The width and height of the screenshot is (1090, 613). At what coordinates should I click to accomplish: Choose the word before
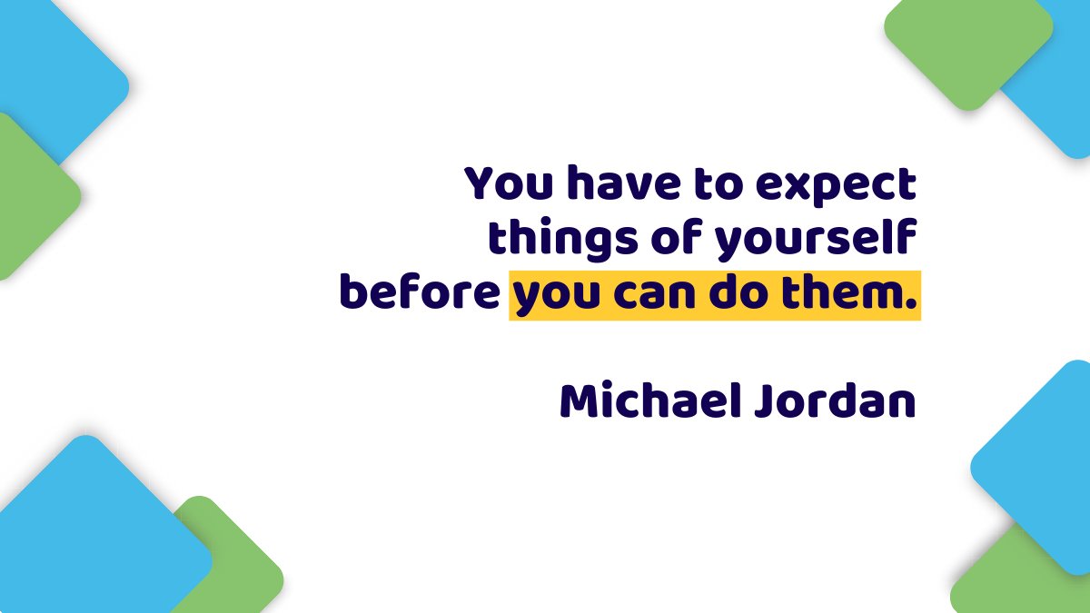419,293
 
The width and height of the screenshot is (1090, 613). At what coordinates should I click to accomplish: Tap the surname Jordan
833,401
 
